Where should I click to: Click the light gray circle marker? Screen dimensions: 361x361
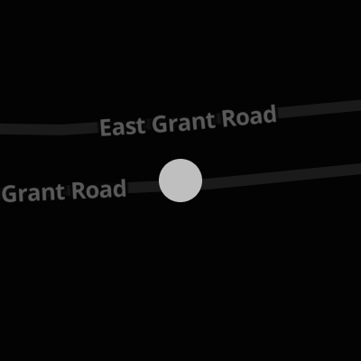180,180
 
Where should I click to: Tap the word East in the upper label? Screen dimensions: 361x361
123,126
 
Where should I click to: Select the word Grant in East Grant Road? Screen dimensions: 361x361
183,122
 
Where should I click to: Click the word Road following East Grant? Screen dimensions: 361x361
249,116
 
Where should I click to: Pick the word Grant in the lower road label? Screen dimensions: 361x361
32,193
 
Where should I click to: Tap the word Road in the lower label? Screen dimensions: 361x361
99,190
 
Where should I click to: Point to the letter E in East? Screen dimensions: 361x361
106,127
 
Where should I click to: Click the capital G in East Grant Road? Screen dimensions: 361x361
160,124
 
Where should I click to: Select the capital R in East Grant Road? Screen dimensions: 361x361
229,118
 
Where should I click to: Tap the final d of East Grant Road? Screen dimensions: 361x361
270,115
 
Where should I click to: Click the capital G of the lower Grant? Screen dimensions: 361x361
9,194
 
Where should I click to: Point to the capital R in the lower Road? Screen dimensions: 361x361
79,190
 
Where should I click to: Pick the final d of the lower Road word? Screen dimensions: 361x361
119,189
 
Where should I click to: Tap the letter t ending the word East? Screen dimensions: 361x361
141,125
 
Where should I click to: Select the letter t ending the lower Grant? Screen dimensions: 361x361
60,191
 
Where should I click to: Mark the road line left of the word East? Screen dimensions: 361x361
50,129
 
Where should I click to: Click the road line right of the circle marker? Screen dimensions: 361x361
282,176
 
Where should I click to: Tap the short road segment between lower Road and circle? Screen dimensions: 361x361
143,187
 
